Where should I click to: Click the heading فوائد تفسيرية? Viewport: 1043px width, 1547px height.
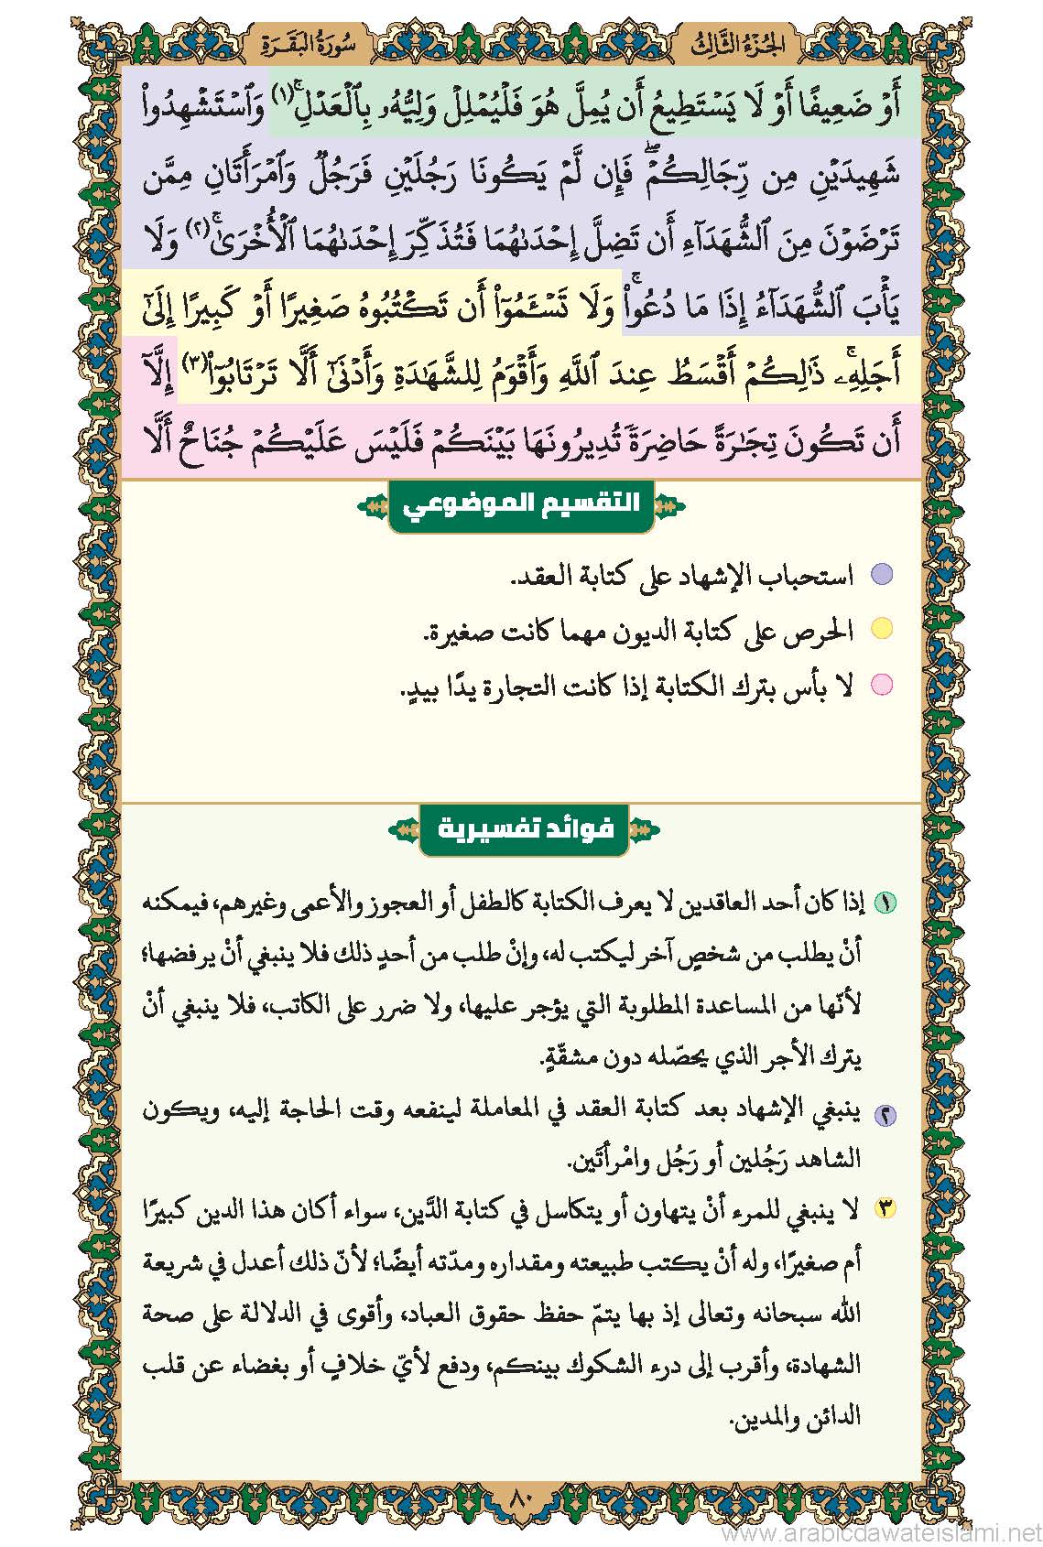click(525, 830)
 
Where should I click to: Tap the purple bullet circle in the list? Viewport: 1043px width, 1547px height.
click(881, 575)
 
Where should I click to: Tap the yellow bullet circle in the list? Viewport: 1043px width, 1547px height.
click(881, 630)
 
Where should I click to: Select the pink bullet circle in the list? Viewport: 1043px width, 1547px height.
click(881, 684)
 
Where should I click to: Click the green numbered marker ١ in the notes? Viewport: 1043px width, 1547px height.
click(885, 903)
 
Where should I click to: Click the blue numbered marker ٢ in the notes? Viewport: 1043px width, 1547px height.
click(885, 1115)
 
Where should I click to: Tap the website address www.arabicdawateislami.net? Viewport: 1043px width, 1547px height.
click(878, 1531)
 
